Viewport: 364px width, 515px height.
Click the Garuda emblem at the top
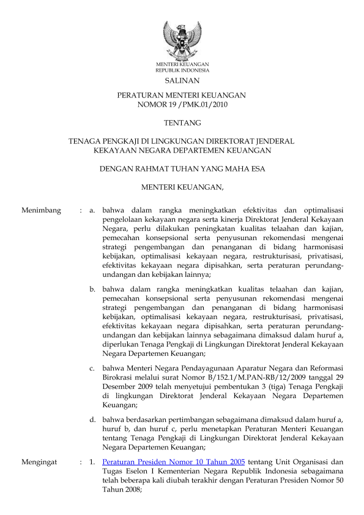point(182,40)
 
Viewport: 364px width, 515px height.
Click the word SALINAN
point(182,80)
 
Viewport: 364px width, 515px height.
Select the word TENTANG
point(182,123)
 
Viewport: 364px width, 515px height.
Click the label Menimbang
point(41,211)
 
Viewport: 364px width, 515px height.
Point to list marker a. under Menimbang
point(92,211)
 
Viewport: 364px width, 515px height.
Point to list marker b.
point(92,287)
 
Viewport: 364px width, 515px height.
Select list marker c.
point(92,367)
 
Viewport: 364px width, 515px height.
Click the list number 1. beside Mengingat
point(92,463)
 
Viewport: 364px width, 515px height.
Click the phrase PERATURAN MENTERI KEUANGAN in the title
point(182,96)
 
